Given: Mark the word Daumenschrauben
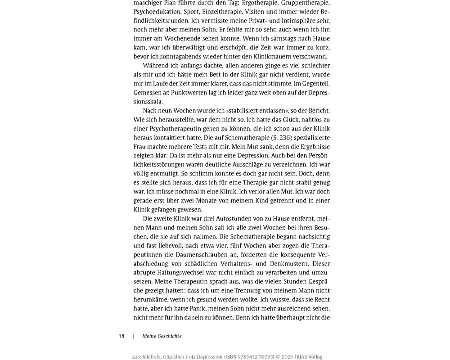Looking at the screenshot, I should pyautogui.click(x=181, y=255).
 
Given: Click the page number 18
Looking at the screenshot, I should pyautogui.click(x=121, y=336).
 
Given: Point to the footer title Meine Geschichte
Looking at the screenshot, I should pyautogui.click(x=162, y=336).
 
